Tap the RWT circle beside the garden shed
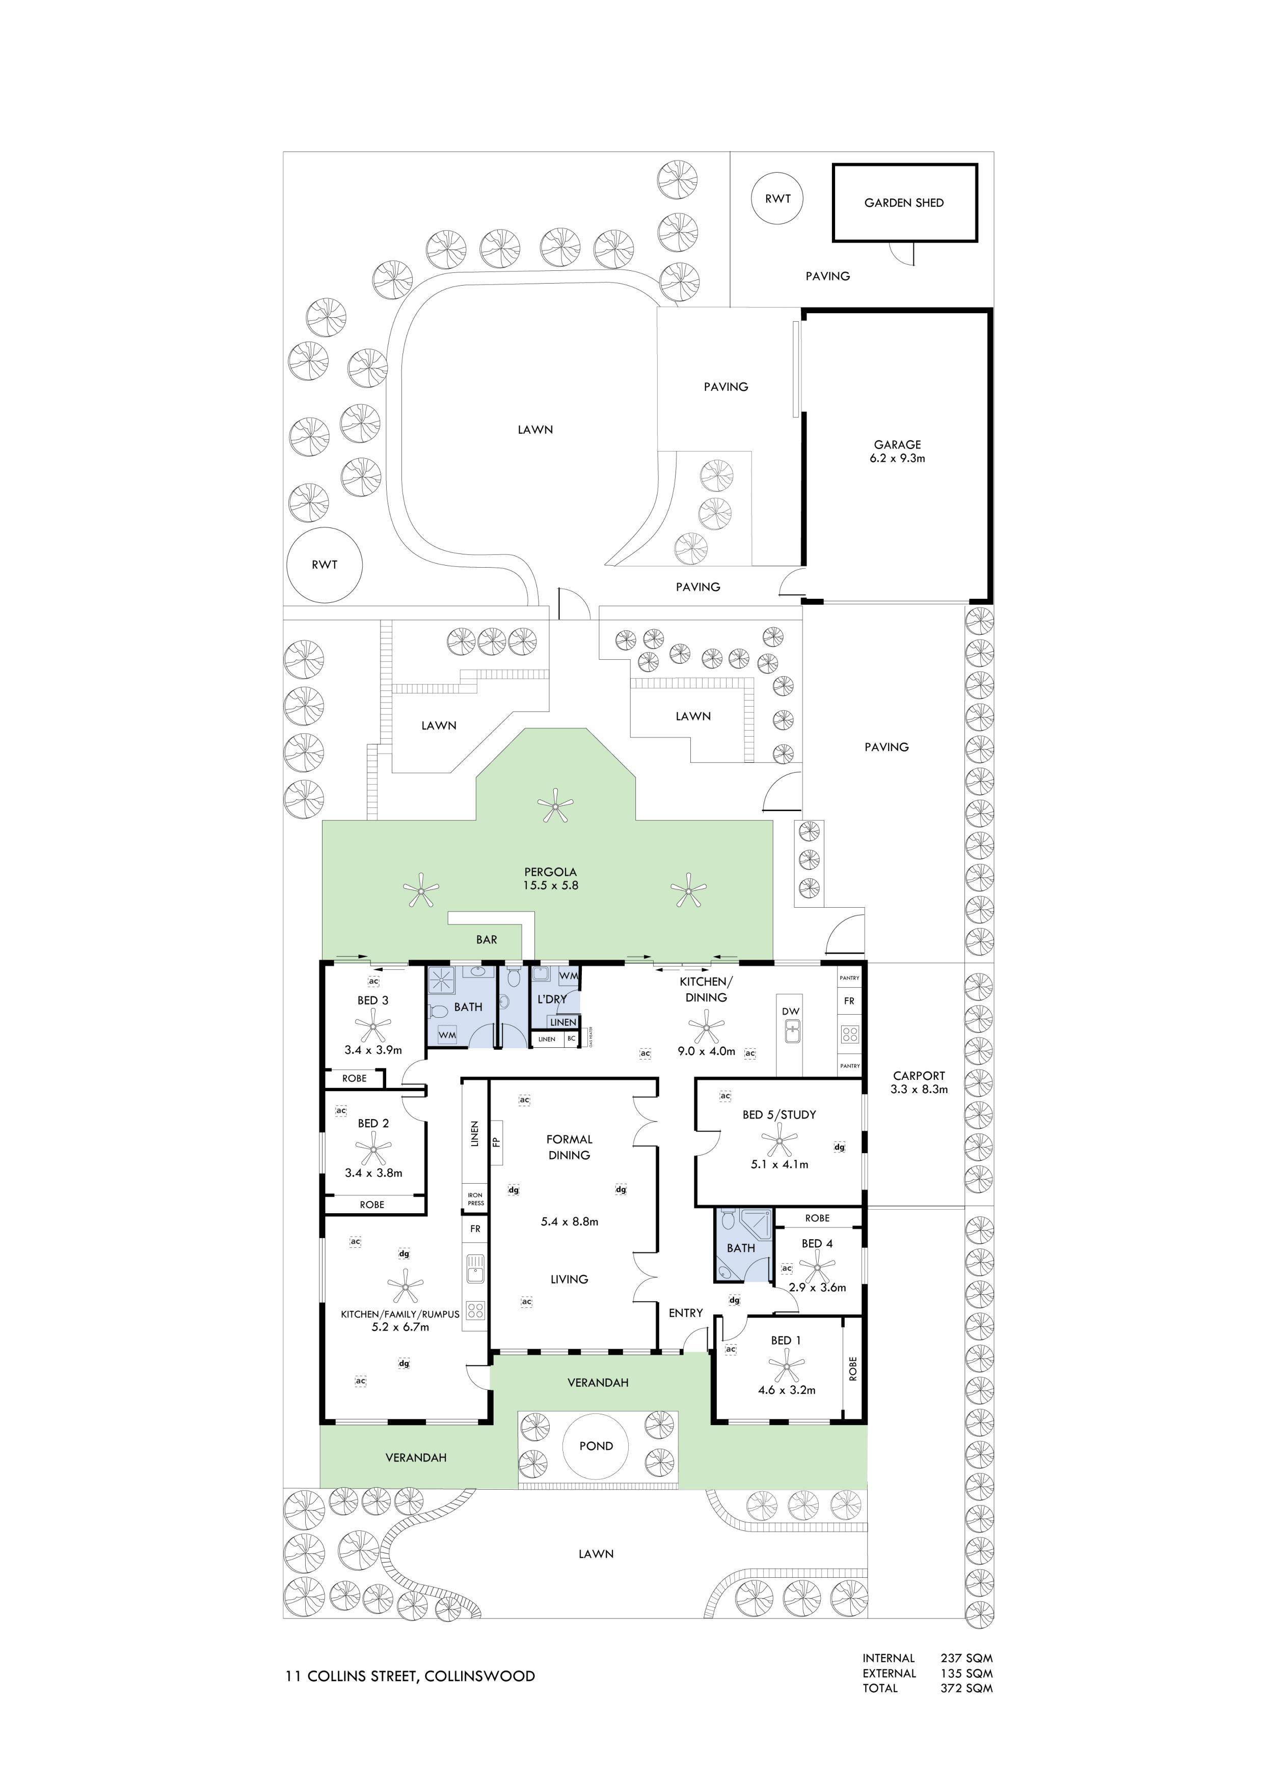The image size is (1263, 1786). pos(777,199)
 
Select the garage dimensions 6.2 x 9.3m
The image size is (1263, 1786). pos(897,458)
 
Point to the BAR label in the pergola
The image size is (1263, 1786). pos(487,940)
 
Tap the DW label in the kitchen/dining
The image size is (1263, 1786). pos(791,1011)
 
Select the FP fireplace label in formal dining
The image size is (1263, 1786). pos(495,1142)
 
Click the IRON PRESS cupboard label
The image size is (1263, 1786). pos(475,1198)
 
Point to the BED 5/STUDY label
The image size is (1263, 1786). pos(779,1114)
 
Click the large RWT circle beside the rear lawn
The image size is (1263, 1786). pos(325,565)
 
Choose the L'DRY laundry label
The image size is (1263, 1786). pos(552,999)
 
